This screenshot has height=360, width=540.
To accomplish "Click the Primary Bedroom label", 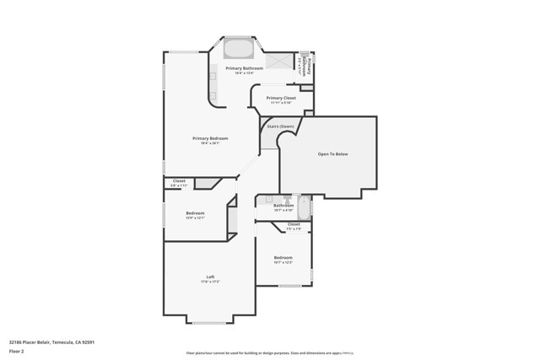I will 210,138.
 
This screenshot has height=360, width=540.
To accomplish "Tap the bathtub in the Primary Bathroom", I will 237,48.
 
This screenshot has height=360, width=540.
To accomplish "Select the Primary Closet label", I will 281,98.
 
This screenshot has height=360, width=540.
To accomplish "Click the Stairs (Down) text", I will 281,126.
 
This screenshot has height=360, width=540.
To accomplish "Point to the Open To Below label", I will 332,154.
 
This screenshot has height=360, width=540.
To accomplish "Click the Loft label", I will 210,277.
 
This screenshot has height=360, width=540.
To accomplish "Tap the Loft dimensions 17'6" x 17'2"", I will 210,282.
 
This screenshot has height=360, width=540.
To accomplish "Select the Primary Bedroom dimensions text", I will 210,143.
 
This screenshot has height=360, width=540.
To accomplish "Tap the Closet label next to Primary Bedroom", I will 179,180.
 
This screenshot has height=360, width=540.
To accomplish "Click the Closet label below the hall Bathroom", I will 294,224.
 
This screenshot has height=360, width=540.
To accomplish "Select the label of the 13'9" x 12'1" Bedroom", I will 195,212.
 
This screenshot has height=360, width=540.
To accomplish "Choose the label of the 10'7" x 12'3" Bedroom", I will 283,257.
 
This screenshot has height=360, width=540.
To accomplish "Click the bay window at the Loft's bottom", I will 210,321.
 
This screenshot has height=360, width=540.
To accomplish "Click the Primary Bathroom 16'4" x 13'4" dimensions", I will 244,73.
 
